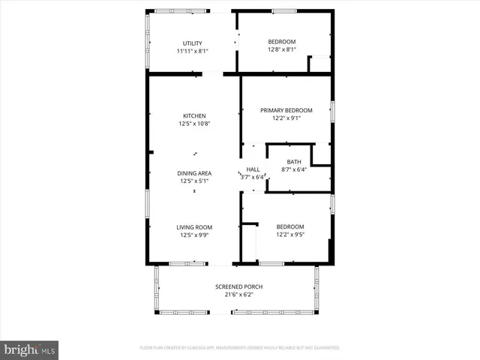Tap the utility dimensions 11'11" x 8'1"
(193, 51)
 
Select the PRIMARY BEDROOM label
(286, 110)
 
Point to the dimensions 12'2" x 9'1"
(286, 118)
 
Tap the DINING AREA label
(194, 173)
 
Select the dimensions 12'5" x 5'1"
(194, 181)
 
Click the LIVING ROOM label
(194, 227)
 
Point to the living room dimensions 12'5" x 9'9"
(194, 235)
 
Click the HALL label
(253, 169)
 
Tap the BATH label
(293, 161)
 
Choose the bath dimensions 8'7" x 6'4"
(293, 169)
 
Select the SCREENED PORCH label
(239, 286)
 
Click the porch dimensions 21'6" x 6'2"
(239, 295)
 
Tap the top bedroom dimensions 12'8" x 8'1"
(281, 50)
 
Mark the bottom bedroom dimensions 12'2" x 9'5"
(290, 235)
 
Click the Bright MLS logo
(29, 349)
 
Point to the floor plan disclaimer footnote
(239, 348)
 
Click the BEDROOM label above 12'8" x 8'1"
(282, 42)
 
